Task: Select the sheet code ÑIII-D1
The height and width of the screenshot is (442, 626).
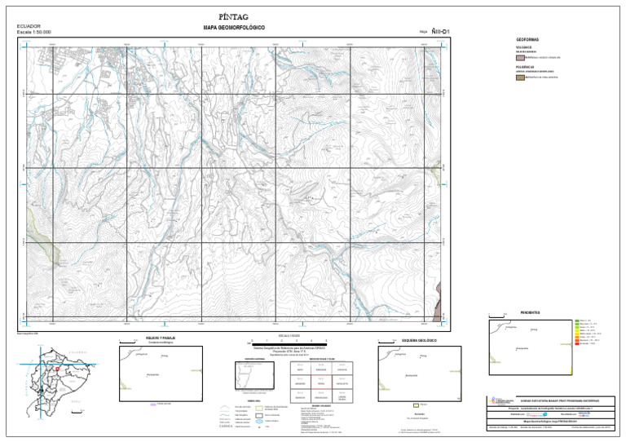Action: [442, 32]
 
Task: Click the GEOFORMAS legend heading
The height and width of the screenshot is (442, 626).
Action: [527, 39]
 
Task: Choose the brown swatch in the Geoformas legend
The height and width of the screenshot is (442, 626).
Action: [520, 77]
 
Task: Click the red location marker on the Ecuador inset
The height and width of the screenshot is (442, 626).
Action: [58, 369]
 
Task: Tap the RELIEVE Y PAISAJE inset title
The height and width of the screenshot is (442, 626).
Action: [160, 337]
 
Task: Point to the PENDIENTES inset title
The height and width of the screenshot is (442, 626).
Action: [531, 313]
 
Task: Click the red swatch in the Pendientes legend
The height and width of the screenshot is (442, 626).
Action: [577, 343]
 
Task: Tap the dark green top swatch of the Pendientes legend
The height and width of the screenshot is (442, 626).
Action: [577, 320]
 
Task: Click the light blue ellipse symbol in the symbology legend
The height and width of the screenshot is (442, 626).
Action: [260, 422]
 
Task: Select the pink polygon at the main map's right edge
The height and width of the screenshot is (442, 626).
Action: [441, 289]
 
